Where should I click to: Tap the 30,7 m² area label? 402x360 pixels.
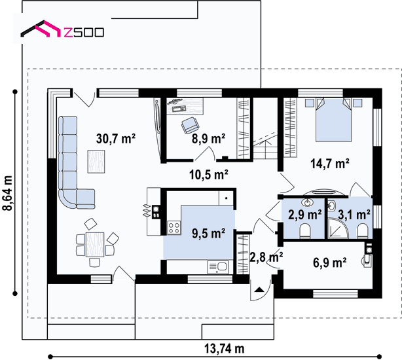point(116,139)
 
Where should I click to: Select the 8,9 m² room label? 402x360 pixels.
point(208,139)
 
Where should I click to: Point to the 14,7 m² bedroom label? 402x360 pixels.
point(330,163)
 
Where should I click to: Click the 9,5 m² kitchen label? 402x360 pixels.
point(208,234)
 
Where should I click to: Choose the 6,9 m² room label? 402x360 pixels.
point(330,262)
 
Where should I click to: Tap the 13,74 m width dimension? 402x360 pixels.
point(224,348)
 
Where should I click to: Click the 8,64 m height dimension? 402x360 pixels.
point(7,193)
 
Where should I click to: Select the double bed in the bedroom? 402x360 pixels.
point(333,120)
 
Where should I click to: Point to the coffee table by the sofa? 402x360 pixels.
point(96,162)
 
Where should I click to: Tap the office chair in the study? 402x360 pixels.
point(190,125)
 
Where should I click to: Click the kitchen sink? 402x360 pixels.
point(218,267)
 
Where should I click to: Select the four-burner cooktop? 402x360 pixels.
point(174,228)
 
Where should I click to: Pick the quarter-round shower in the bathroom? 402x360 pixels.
point(338,228)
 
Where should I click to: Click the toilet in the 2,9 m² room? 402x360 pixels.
point(305,230)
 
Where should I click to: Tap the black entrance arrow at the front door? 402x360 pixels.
point(259,289)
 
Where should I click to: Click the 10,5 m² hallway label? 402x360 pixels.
point(209,175)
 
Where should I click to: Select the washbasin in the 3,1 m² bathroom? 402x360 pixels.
point(332,206)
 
